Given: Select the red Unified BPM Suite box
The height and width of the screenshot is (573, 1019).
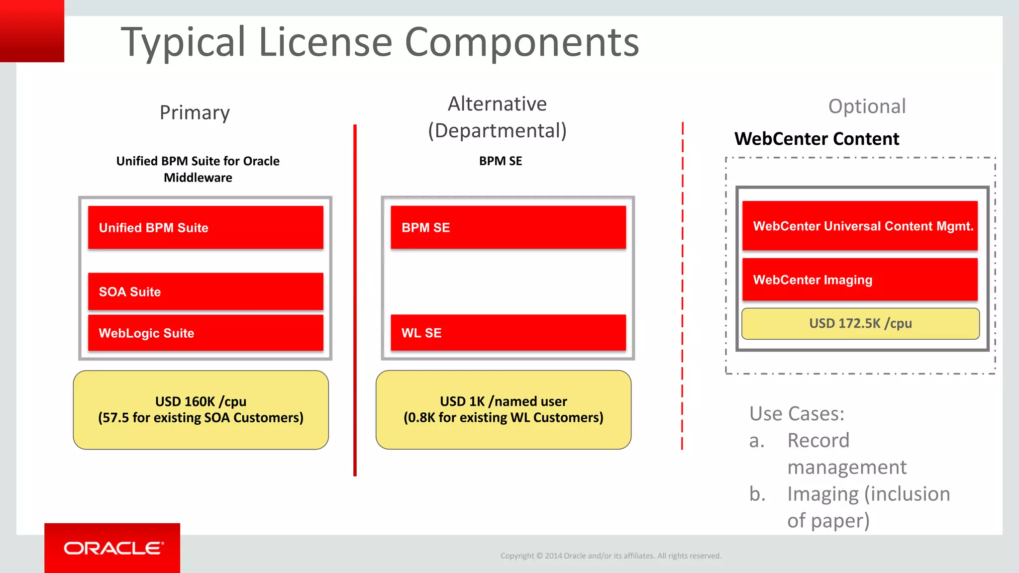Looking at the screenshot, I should pyautogui.click(x=205, y=227).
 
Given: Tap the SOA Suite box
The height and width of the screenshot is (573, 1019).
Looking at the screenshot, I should pyautogui.click(x=205, y=291).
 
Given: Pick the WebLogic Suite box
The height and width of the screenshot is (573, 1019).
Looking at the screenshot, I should pyautogui.click(x=205, y=333).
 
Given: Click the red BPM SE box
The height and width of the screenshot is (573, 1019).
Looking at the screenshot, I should pyautogui.click(x=508, y=227).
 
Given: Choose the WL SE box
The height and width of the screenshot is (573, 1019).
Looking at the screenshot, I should pyautogui.click(x=508, y=333).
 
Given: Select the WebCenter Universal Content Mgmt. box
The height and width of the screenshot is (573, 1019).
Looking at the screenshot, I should pyautogui.click(x=860, y=226).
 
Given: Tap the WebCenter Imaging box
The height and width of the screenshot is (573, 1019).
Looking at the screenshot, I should pyautogui.click(x=860, y=280).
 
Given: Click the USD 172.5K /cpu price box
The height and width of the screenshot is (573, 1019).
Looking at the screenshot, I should pyautogui.click(x=860, y=324).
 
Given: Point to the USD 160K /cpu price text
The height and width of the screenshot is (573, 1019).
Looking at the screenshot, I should pyautogui.click(x=201, y=401).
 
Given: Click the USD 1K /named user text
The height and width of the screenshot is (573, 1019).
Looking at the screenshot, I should pyautogui.click(x=503, y=401).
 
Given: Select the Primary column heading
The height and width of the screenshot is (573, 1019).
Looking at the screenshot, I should pyautogui.click(x=195, y=113).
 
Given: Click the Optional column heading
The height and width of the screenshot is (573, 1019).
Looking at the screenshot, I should pyautogui.click(x=867, y=106).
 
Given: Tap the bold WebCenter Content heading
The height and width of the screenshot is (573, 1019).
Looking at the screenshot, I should pyautogui.click(x=816, y=139).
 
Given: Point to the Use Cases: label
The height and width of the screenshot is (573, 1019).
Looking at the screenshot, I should pyautogui.click(x=797, y=414).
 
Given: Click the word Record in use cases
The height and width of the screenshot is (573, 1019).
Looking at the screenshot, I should pyautogui.click(x=818, y=441).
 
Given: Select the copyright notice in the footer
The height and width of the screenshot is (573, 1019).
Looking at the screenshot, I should pyautogui.click(x=611, y=556).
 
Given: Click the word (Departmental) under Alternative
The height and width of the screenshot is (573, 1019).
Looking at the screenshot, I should pyautogui.click(x=497, y=131).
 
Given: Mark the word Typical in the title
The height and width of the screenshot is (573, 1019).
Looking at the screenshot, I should pyautogui.click(x=184, y=42).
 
